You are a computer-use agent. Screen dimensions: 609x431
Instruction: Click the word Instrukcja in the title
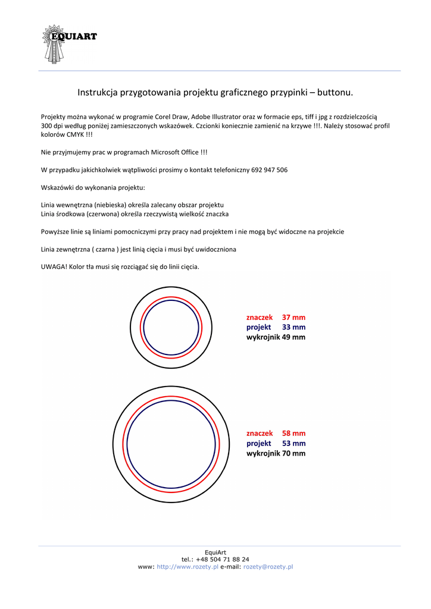tap(98, 93)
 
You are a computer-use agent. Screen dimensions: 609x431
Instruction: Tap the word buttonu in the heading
tap(335, 93)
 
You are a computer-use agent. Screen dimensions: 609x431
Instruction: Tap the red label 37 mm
tap(293, 318)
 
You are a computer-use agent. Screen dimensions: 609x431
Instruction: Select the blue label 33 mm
tap(293, 327)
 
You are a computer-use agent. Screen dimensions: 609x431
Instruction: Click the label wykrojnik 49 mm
tap(276, 337)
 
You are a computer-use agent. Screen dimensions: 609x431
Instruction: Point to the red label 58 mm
tap(293, 434)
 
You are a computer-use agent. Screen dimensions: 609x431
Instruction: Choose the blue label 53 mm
tap(293, 444)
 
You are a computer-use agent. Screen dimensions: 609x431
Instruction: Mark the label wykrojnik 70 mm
tap(276, 453)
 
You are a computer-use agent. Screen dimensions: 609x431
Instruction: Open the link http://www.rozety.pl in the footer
tap(187, 567)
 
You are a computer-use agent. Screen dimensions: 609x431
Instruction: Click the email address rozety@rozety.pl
tap(268, 567)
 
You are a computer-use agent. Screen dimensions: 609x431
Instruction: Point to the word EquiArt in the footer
tap(215, 553)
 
